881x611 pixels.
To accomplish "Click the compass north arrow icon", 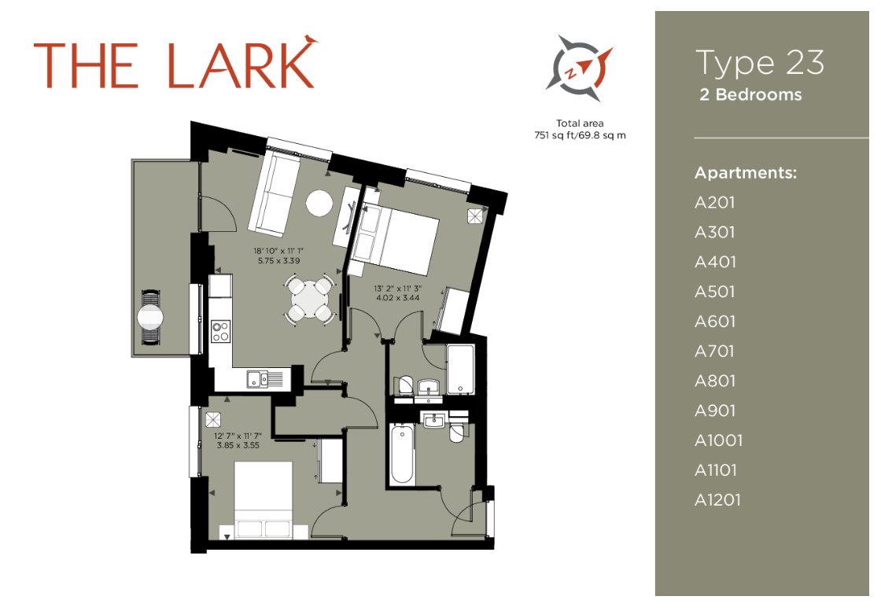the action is click(x=579, y=68).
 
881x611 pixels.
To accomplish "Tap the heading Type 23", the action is click(x=760, y=62).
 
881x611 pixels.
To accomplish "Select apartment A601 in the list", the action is click(x=715, y=322).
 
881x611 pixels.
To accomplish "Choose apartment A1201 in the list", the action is click(x=717, y=500).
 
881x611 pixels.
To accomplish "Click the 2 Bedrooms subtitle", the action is click(x=750, y=94).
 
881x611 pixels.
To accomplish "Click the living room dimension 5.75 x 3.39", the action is click(x=278, y=260).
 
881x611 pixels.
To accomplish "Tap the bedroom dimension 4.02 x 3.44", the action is click(x=398, y=298).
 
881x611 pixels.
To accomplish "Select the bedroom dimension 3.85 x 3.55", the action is click(x=238, y=445).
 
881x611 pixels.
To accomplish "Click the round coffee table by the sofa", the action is click(x=319, y=204).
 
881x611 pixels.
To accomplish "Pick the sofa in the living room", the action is click(x=274, y=193).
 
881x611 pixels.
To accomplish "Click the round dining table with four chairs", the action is click(x=307, y=298).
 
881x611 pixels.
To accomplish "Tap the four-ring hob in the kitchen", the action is click(x=220, y=331).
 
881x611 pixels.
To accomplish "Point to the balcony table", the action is click(x=150, y=317).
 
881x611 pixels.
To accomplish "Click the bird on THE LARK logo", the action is click(x=310, y=39).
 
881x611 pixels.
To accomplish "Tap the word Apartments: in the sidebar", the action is click(x=746, y=172).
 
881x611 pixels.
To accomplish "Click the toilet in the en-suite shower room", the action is click(x=404, y=385).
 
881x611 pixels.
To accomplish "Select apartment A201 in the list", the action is click(x=715, y=203).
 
